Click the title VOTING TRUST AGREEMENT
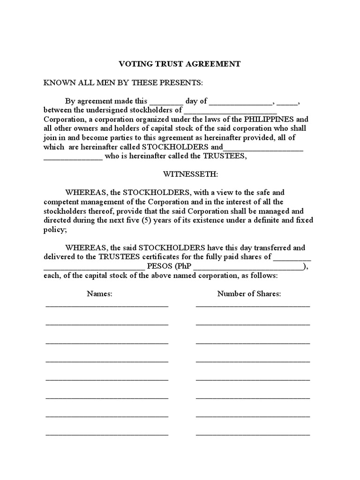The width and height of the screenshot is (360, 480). [180, 64]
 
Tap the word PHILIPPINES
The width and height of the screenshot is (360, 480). [268, 119]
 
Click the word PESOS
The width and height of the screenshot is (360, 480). [160, 266]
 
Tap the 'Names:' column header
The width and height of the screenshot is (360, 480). [100, 294]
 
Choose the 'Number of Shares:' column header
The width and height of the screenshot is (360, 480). [249, 294]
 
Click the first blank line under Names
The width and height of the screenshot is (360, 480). [107, 305]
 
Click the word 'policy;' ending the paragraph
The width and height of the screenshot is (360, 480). [55, 229]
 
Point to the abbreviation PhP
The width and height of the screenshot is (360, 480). [184, 266]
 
